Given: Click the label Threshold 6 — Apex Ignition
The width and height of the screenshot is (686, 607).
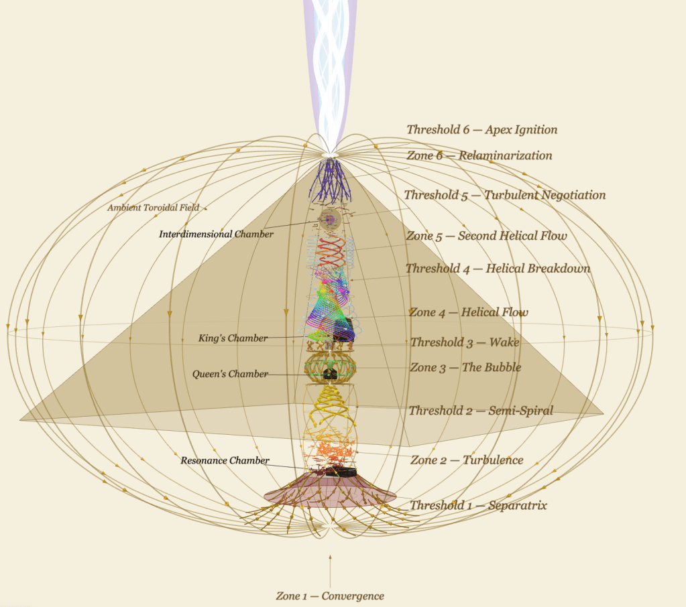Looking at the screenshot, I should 481,130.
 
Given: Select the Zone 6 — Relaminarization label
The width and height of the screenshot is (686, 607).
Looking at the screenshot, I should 479,155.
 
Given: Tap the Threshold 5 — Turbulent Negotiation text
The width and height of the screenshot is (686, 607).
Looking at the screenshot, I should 504,195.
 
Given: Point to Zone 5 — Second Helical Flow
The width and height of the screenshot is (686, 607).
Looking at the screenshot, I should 486,236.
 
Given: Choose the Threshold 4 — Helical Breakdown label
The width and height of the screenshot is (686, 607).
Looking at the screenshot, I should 498,269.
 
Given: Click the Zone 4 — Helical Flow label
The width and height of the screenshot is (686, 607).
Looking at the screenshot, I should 468,312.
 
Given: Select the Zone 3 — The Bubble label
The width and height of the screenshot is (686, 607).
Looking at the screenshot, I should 465,368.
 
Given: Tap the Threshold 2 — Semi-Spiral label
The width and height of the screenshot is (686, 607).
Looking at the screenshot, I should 481,411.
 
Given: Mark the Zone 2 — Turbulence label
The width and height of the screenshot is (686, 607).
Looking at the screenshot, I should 467,460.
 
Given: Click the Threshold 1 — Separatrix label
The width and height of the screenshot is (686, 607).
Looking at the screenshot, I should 478,506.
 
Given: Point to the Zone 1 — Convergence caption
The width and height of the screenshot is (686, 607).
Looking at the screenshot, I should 330,596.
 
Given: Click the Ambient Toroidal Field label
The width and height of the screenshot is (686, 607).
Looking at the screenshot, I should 153,208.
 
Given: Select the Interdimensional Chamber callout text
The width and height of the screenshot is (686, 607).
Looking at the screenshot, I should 216,234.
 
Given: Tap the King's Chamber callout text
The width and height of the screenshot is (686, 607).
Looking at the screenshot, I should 233,338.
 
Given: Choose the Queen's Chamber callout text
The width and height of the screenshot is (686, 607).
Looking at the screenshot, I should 230,374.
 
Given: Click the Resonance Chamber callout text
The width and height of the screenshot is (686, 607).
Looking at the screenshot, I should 225,461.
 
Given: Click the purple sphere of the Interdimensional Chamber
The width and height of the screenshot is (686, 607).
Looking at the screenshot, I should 329,218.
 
